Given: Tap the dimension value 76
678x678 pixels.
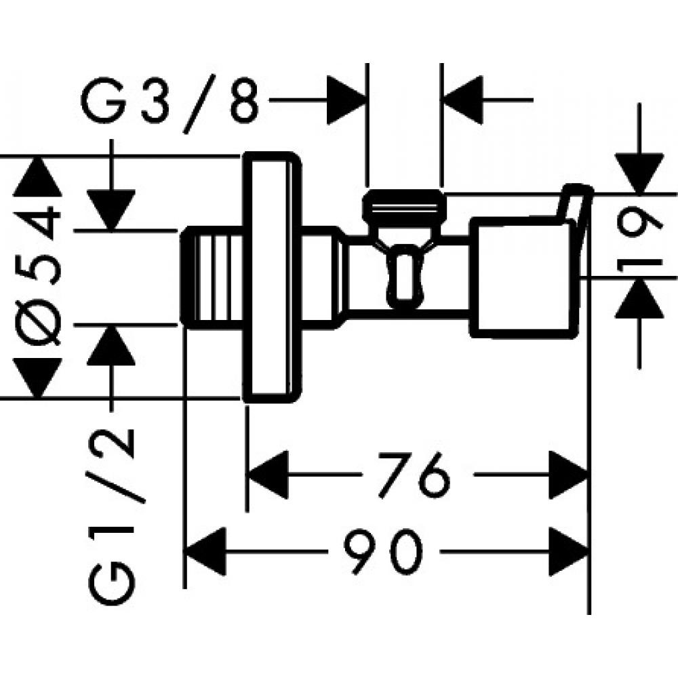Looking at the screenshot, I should click(415, 474).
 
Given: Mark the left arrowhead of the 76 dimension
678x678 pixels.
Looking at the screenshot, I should click(268, 474).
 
